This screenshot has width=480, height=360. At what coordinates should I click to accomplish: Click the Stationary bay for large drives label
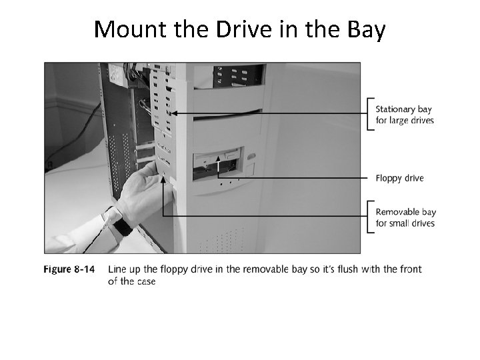click(404, 115)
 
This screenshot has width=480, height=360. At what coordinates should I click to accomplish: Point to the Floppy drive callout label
click(399, 178)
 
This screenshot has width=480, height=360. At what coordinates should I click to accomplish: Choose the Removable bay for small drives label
click(405, 218)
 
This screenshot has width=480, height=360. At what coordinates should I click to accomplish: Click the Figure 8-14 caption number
click(69, 269)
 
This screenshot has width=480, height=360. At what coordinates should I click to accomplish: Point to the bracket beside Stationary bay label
click(369, 115)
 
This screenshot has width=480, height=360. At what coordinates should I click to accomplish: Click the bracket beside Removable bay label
click(369, 217)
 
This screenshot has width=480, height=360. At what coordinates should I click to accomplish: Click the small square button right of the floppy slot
click(251, 159)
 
